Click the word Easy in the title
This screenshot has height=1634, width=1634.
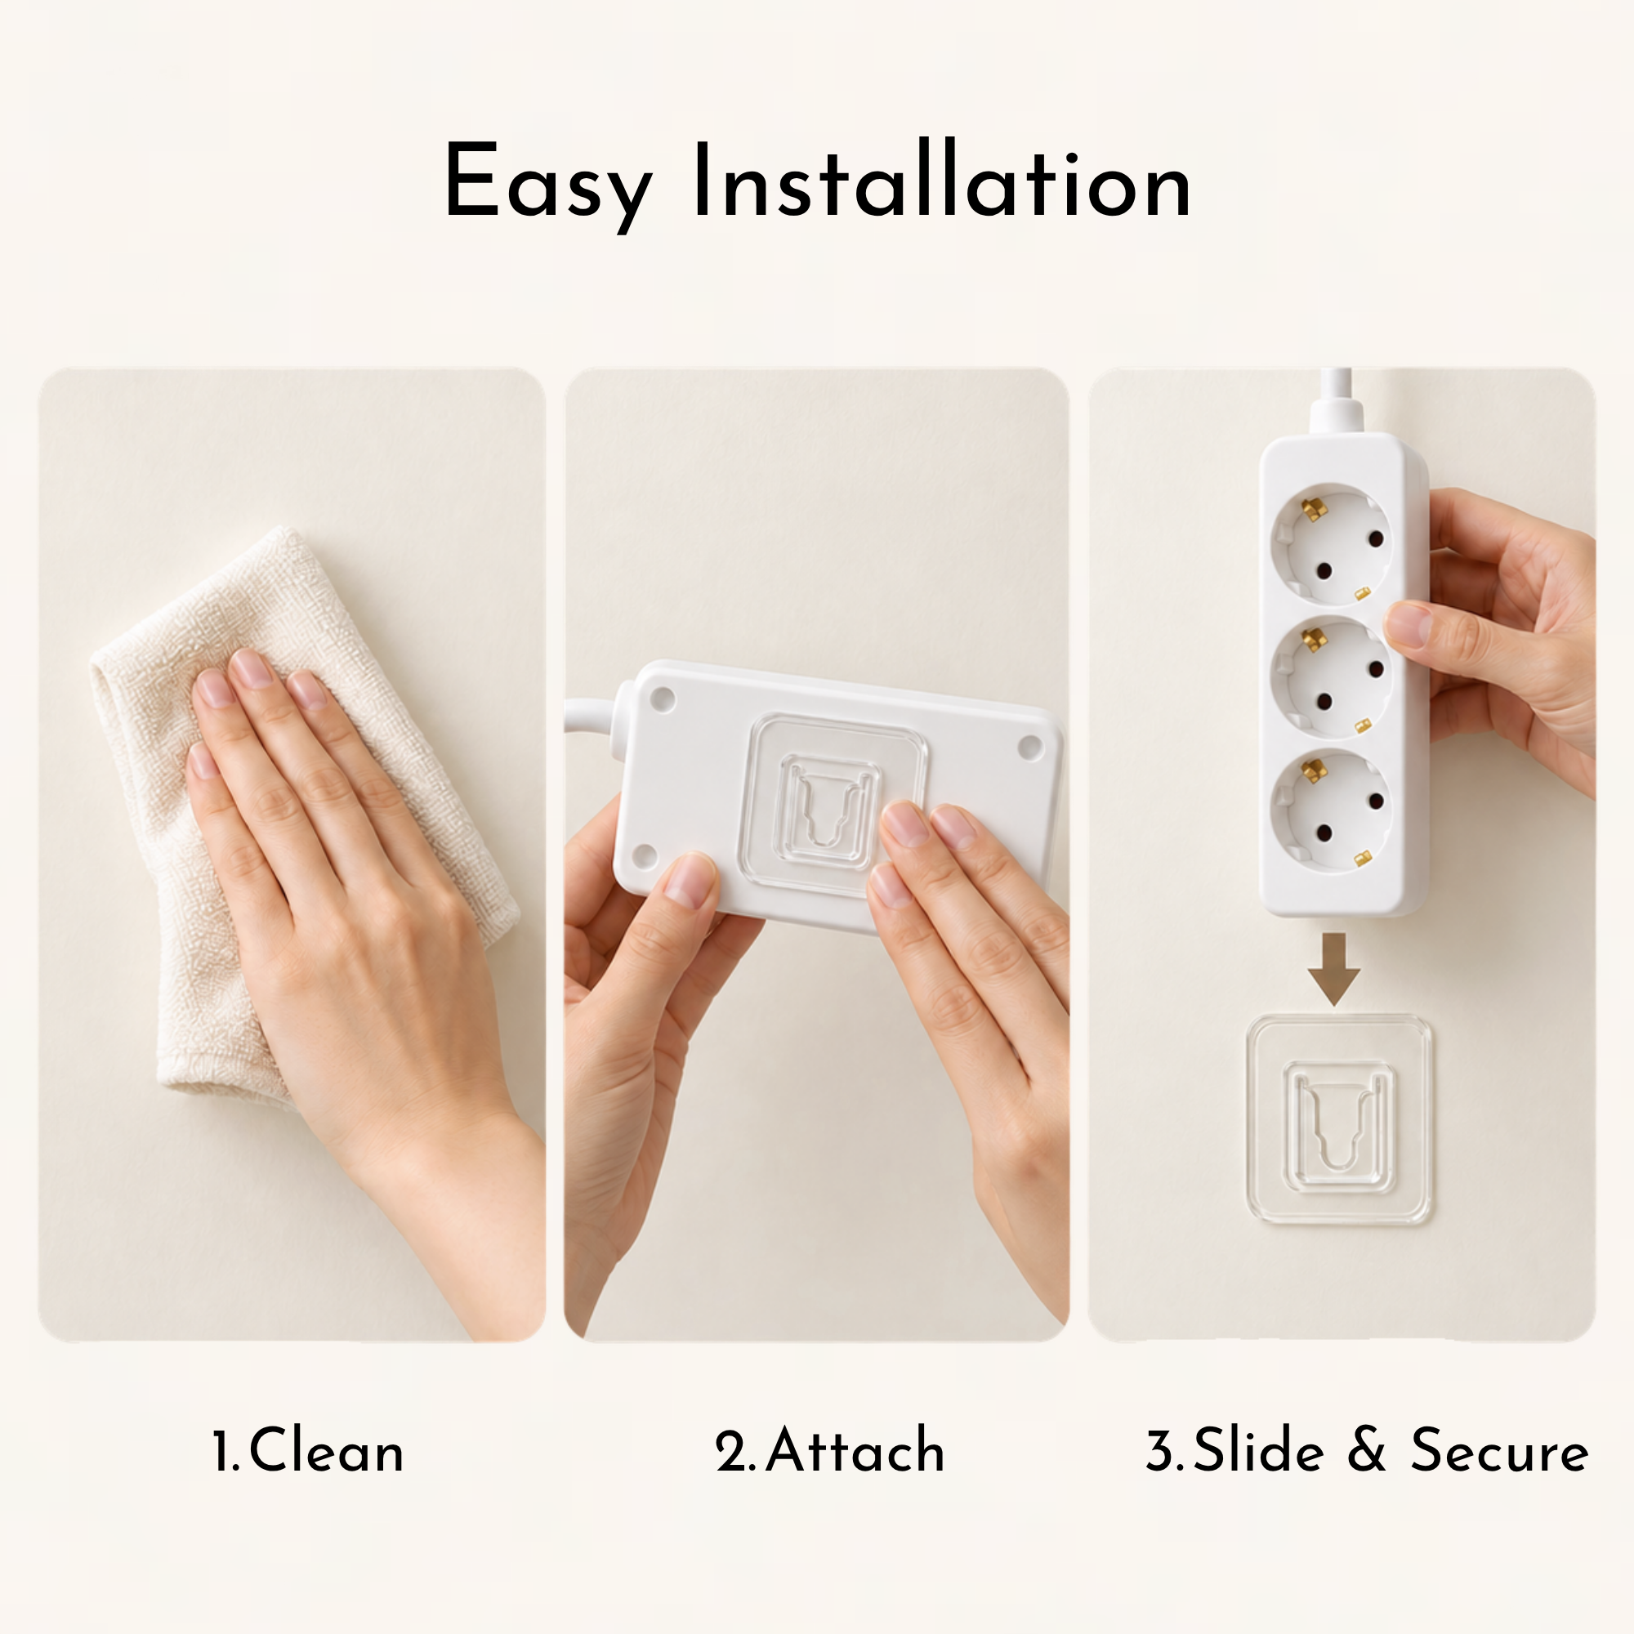[x=548, y=186]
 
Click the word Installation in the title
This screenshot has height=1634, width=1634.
[x=942, y=179]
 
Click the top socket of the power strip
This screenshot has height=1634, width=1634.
[x=1332, y=543]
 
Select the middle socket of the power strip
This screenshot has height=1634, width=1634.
[x=1332, y=677]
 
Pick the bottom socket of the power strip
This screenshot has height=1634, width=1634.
[x=1332, y=810]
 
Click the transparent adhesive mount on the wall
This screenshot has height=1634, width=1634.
[x=1339, y=1119]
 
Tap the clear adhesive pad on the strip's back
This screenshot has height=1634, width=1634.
[x=833, y=803]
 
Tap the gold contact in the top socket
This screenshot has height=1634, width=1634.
[x=1312, y=510]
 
